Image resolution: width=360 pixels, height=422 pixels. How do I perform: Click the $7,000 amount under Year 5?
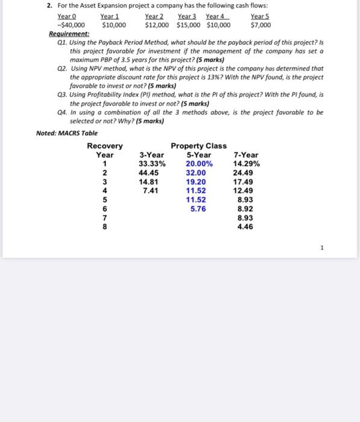pyautogui.click(x=261, y=25)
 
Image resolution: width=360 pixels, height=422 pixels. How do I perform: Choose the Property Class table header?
pyautogui.click(x=199, y=146)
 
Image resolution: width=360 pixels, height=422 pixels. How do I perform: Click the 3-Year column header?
pyautogui.click(x=152, y=155)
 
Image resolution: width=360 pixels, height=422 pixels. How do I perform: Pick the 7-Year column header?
pyautogui.click(x=245, y=155)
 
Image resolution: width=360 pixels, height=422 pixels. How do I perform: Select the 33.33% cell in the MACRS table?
pyautogui.click(x=152, y=164)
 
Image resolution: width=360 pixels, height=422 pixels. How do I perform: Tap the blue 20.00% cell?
pyautogui.click(x=199, y=164)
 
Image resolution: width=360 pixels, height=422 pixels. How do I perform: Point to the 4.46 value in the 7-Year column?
pyautogui.click(x=245, y=227)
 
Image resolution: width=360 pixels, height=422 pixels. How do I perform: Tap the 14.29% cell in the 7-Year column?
pyautogui.click(x=245, y=164)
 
